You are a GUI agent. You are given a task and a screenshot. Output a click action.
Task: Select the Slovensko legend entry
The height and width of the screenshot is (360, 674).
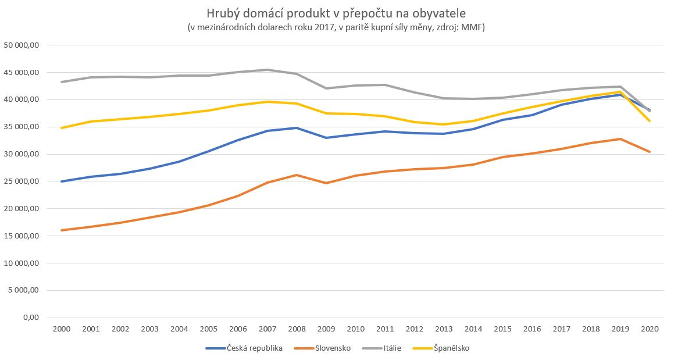coord(333,348)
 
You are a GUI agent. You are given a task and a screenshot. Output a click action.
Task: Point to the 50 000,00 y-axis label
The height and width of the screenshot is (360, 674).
coord(21,45)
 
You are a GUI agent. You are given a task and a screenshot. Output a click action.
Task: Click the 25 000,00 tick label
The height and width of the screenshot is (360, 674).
coord(21,181)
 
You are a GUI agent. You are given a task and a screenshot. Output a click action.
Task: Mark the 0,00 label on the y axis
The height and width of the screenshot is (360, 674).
coord(30,318)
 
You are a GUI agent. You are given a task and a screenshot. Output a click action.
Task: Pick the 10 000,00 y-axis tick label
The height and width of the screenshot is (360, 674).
coord(21,263)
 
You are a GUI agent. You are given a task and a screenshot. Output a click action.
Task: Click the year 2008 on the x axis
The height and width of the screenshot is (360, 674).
coord(297,329)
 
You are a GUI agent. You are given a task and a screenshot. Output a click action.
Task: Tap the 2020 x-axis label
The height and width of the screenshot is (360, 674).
coord(650,329)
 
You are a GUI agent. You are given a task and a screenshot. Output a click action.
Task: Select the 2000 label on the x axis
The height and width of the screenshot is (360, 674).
coord(61,329)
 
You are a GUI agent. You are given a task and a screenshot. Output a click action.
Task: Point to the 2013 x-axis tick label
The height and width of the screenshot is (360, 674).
coord(444,329)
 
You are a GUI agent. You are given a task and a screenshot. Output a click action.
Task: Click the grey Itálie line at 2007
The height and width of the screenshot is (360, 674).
coord(267,70)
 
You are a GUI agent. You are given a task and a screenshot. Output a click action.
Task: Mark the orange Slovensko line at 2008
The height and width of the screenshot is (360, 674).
coord(297,175)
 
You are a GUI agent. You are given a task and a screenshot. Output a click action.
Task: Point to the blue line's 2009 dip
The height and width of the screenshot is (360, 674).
coord(326,138)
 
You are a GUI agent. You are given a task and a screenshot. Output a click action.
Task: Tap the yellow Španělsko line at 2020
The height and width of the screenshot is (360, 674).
coord(650,121)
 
